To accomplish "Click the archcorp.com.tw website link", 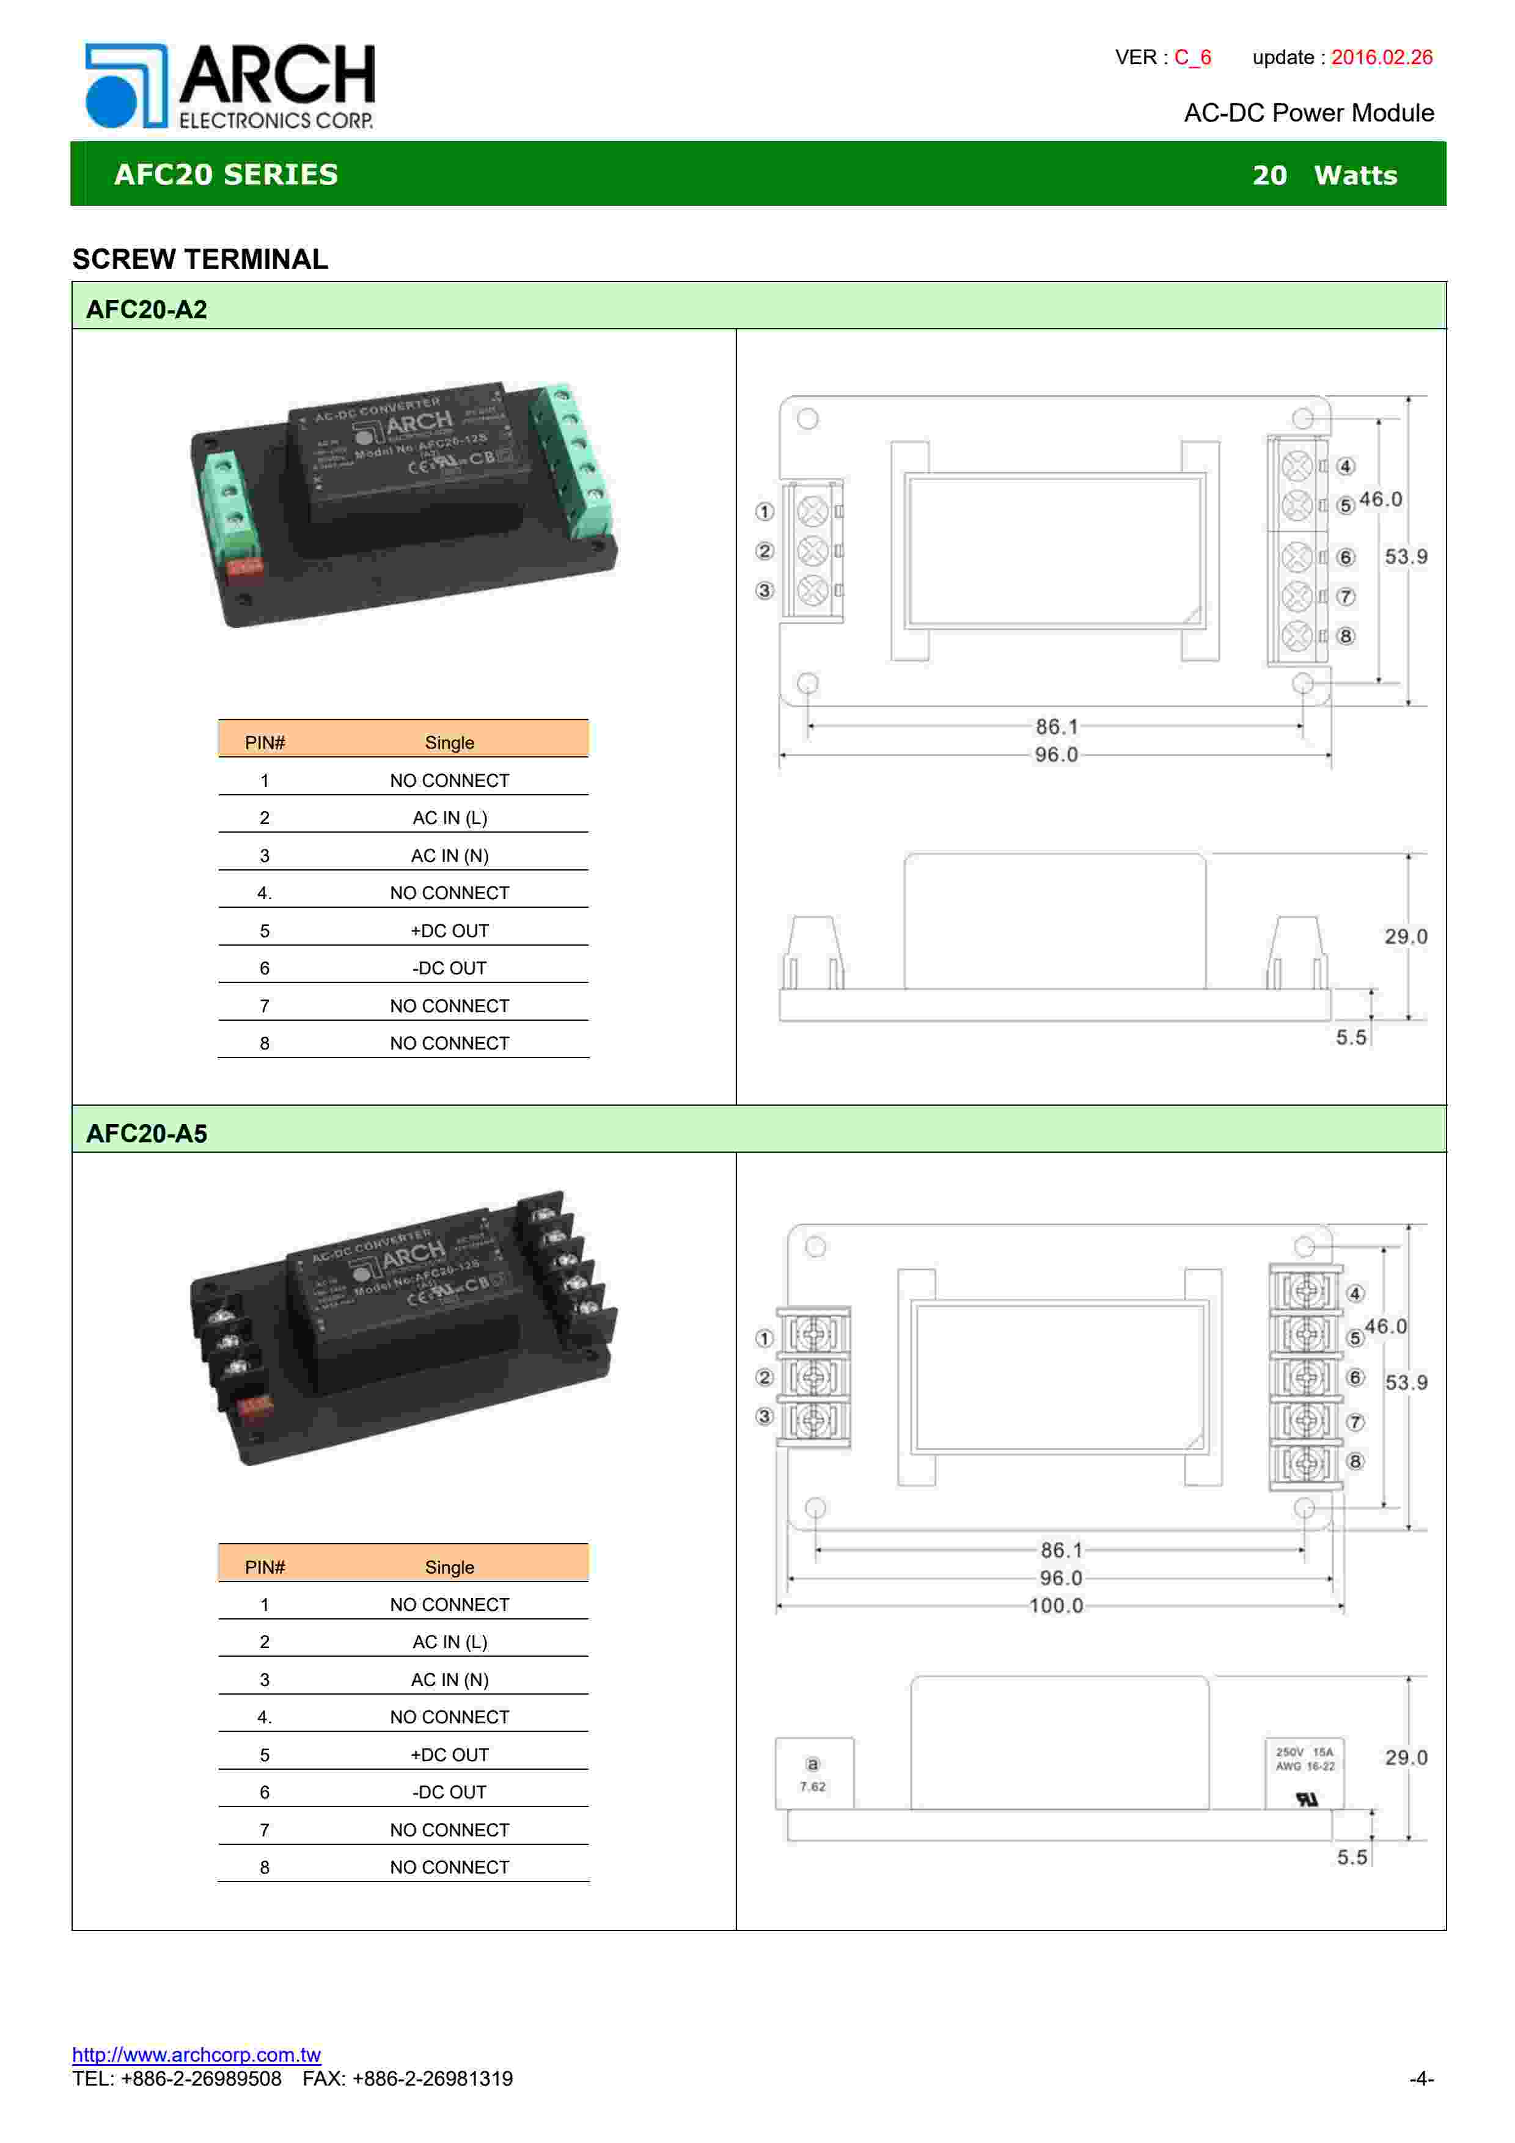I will point(196,2054).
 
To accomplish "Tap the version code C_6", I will point(1192,57).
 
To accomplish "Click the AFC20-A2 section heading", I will point(147,309).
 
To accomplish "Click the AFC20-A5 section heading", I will point(147,1133).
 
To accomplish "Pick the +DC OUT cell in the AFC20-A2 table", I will point(449,930).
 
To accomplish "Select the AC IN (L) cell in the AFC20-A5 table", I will point(449,1642).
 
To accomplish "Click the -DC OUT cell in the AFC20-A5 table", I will point(449,1792).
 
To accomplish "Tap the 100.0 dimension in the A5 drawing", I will point(1056,1605).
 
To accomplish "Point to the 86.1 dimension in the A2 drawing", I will point(1056,726).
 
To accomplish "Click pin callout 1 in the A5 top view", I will point(765,1338).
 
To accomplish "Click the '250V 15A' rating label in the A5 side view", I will point(1304,1752).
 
